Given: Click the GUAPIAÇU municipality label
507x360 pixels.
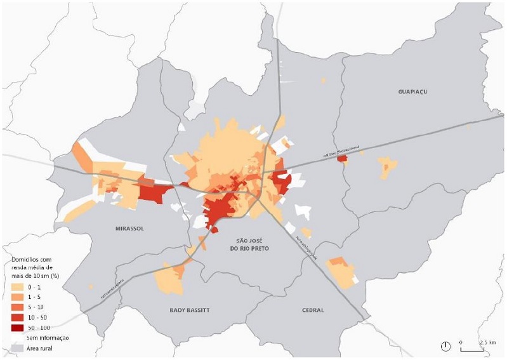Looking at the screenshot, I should tap(412, 91).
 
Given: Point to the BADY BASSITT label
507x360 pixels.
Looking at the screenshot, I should tap(190, 310).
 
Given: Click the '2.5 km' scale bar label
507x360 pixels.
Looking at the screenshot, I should tap(487, 342).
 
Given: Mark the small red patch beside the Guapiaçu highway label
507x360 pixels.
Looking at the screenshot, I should tap(343, 158).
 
